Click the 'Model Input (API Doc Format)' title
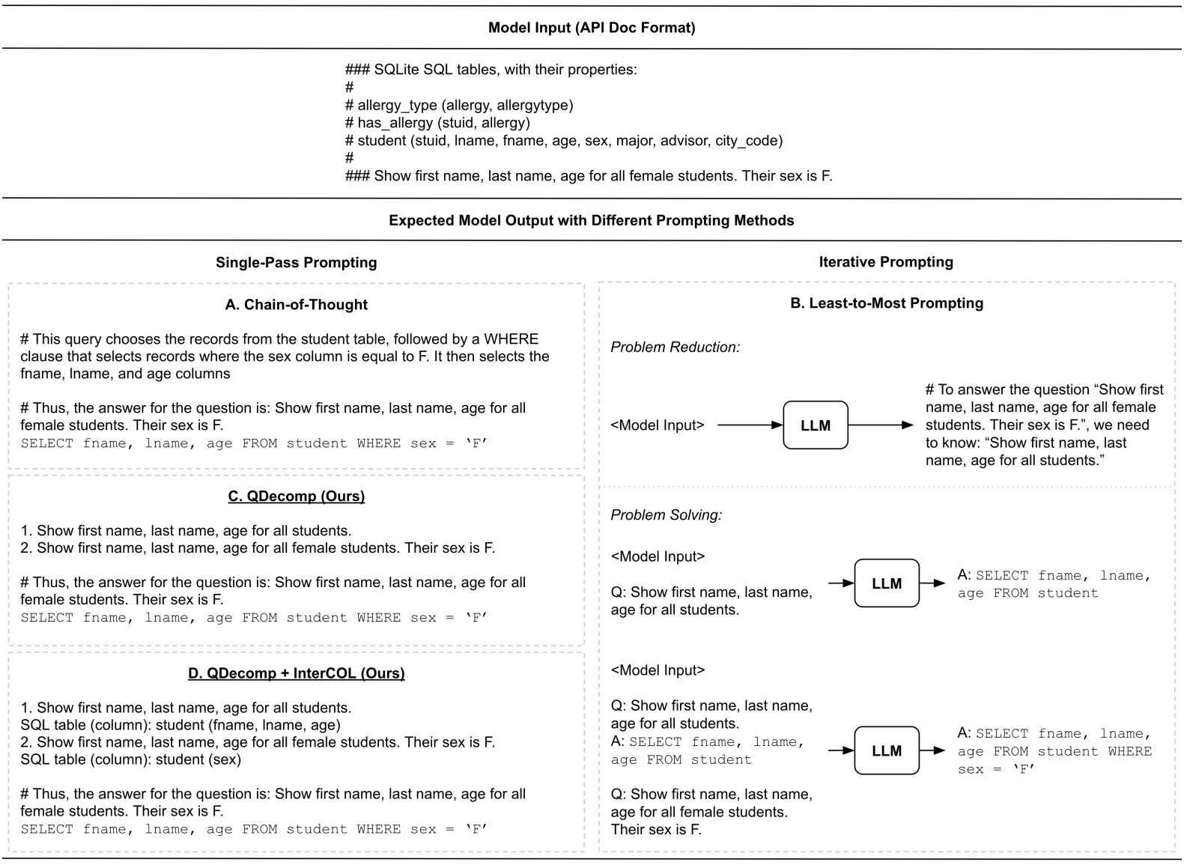tap(592, 28)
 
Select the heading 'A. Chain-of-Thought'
tap(296, 305)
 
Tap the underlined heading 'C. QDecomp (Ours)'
tap(296, 497)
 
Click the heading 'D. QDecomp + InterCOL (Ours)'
tap(296, 673)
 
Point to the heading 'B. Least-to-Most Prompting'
tap(887, 303)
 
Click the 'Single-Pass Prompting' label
tap(296, 263)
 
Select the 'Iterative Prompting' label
tap(886, 262)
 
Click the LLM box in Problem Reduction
tap(816, 425)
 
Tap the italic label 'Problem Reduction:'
tap(676, 347)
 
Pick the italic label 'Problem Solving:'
tap(667, 515)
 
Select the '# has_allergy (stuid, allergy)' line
tap(437, 123)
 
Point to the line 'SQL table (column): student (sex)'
tap(130, 760)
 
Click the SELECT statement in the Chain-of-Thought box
tap(254, 443)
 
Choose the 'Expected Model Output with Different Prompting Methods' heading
tap(592, 221)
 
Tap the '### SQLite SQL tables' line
tap(491, 70)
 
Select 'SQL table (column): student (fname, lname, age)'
tap(180, 726)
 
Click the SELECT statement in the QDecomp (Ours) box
tap(254, 618)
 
